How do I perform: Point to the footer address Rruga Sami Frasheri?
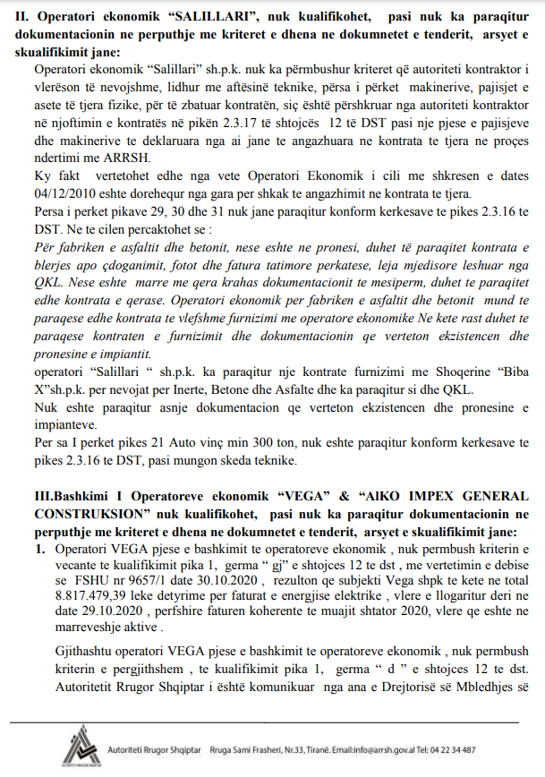coord(248,749)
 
